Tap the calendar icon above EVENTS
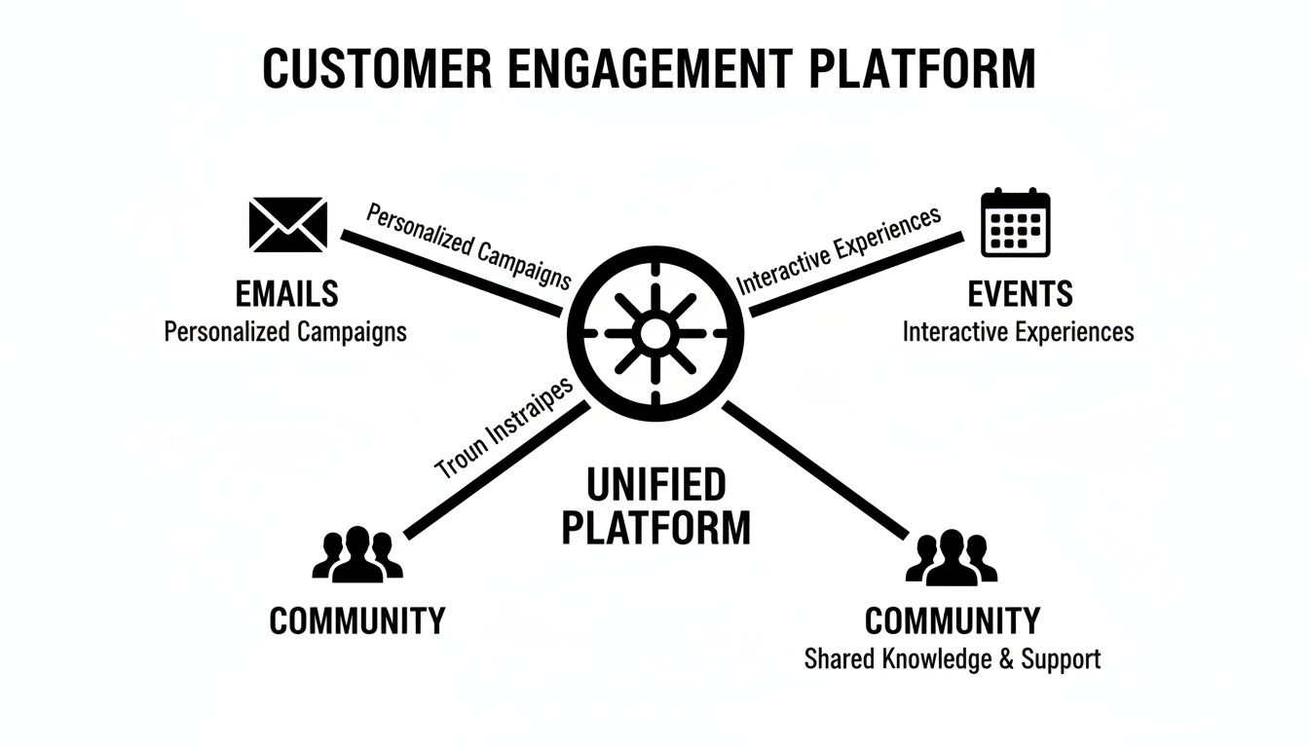pyautogui.click(x=1015, y=223)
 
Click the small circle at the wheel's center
pyautogui.click(x=654, y=334)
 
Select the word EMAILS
pyautogui.click(x=286, y=293)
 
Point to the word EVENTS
pyautogui.click(x=1020, y=293)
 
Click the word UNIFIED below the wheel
pyautogui.click(x=655, y=483)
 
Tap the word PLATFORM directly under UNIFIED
pyautogui.click(x=655, y=527)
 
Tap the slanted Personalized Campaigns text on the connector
pyautogui.click(x=467, y=244)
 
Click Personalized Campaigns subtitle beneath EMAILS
pyautogui.click(x=285, y=331)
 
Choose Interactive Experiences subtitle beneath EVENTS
pyautogui.click(x=1018, y=331)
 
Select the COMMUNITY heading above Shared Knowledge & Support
pyautogui.click(x=952, y=620)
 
